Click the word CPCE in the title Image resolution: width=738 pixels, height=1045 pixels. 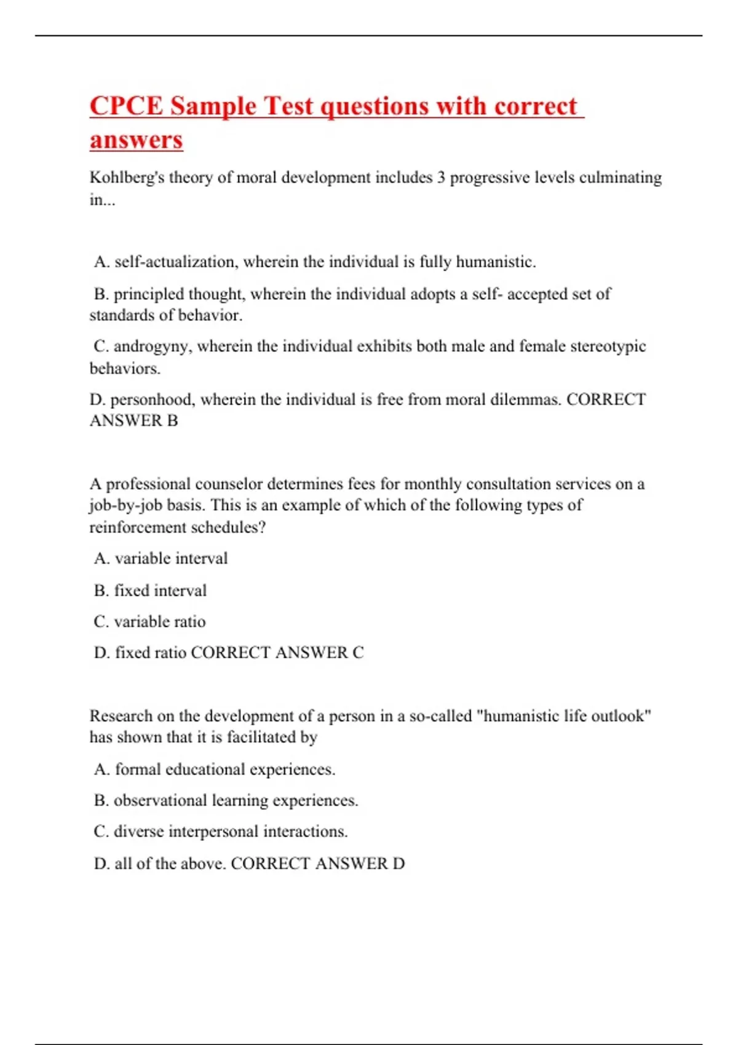click(x=126, y=106)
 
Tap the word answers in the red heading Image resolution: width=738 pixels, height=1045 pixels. click(x=136, y=140)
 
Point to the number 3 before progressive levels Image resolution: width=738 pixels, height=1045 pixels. click(x=441, y=178)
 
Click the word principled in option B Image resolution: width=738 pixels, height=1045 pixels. click(x=148, y=294)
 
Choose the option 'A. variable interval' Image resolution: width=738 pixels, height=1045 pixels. click(x=161, y=558)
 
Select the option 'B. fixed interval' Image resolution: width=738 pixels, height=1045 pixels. click(x=150, y=591)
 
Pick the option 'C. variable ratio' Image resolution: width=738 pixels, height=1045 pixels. click(x=149, y=621)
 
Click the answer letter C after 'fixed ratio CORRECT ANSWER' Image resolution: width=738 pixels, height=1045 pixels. click(x=358, y=653)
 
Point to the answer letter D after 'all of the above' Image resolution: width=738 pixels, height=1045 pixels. click(x=399, y=864)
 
